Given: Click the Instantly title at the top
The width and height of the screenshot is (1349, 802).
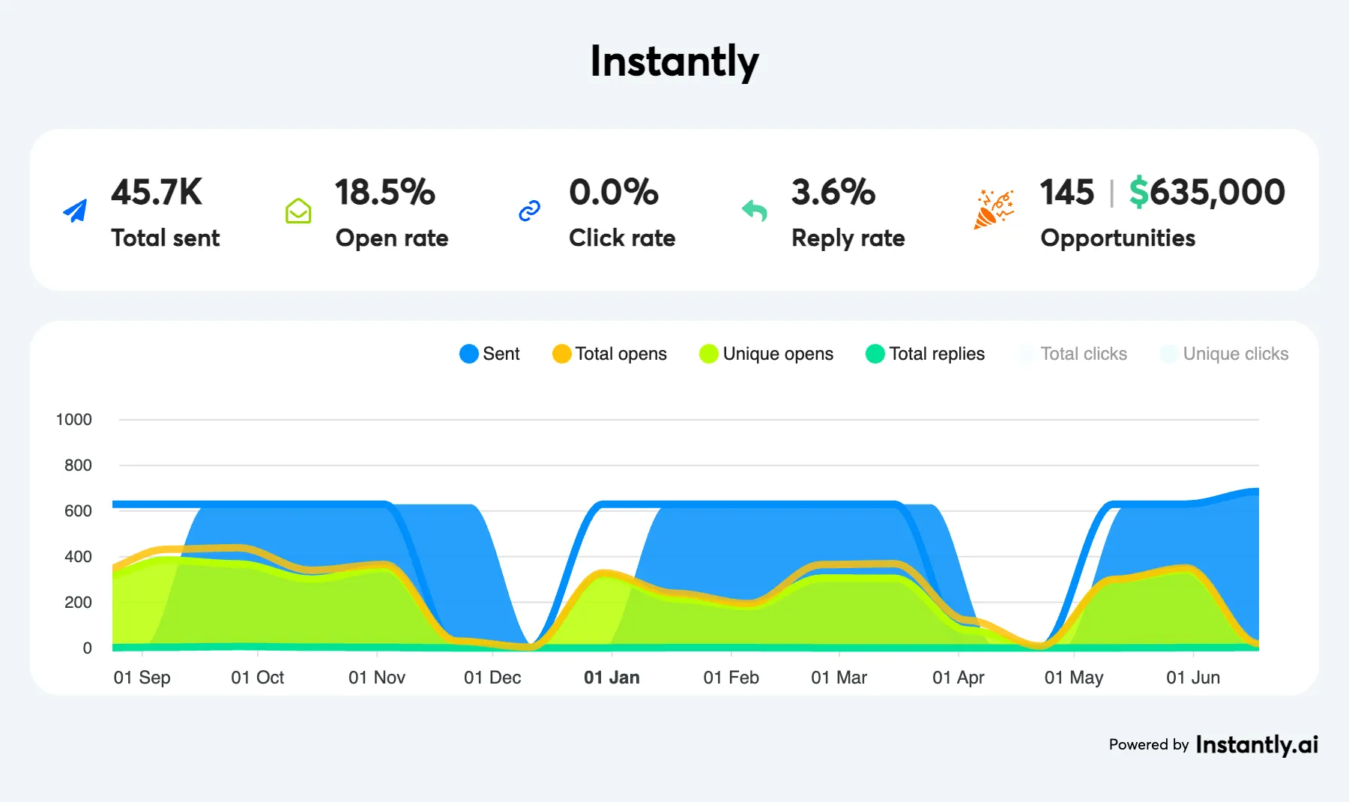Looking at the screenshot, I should [x=674, y=61].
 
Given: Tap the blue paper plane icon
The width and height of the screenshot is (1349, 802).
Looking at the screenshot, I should [x=75, y=211].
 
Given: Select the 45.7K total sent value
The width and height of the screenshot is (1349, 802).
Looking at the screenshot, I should [x=157, y=193].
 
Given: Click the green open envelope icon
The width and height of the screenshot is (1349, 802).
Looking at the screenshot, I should [x=298, y=211].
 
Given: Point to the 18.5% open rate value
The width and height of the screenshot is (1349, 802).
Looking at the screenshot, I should [x=384, y=193].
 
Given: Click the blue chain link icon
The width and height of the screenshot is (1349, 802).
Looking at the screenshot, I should [x=530, y=211].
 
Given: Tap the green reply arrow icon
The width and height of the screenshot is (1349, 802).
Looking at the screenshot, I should [x=755, y=211].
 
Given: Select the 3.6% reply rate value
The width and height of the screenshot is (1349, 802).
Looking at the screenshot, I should [x=833, y=193].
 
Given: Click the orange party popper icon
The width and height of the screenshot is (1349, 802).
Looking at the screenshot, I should [x=994, y=209].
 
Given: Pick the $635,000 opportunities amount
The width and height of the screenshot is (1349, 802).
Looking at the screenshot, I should [x=1207, y=193].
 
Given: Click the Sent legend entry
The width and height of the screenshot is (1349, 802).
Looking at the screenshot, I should [x=490, y=354].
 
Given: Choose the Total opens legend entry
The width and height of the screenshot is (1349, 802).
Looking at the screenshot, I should [x=609, y=354].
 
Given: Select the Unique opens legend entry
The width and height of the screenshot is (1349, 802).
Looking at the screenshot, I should [x=766, y=354].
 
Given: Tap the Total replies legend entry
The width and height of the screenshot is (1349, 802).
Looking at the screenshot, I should [x=925, y=354].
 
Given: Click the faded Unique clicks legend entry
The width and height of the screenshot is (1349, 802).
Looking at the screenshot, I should [x=1225, y=354].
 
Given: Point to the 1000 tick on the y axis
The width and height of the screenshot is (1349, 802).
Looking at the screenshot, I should [x=74, y=420].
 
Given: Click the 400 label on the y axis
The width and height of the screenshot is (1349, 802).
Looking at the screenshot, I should [x=78, y=557].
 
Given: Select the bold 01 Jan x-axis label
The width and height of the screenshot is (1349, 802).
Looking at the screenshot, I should [x=612, y=678].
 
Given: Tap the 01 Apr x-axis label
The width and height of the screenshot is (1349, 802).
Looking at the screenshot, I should [x=958, y=678].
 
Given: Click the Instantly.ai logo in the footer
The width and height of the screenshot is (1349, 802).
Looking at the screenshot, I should [x=1257, y=744].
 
